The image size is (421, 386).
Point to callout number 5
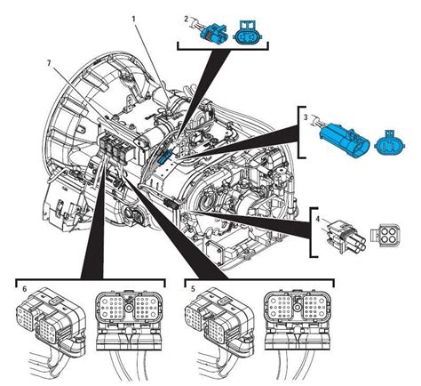tap(193, 288)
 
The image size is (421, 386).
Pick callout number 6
tap(23, 288)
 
